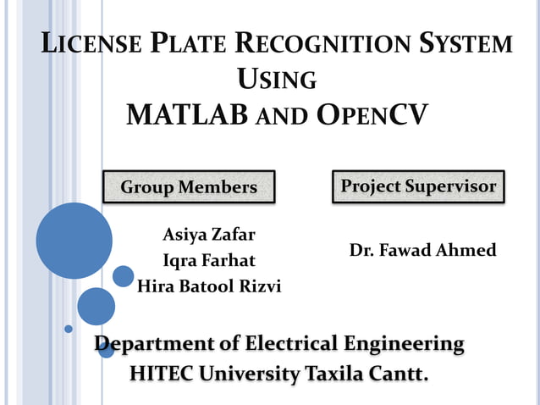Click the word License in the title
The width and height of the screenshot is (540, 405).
point(88,45)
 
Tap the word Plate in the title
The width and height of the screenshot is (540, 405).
point(184,45)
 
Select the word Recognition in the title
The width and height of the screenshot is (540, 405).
point(312,45)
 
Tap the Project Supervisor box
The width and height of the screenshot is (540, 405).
point(418,186)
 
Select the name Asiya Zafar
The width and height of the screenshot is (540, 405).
point(208,235)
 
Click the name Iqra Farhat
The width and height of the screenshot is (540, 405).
point(208,260)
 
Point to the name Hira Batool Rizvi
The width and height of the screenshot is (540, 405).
point(208,286)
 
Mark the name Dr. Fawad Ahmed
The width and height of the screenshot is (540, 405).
point(422,251)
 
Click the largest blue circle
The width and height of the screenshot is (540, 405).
point(74,241)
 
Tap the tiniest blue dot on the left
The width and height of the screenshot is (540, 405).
point(69,329)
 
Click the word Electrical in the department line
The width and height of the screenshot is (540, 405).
point(290,344)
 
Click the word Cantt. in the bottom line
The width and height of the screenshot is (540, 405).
point(396,372)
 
